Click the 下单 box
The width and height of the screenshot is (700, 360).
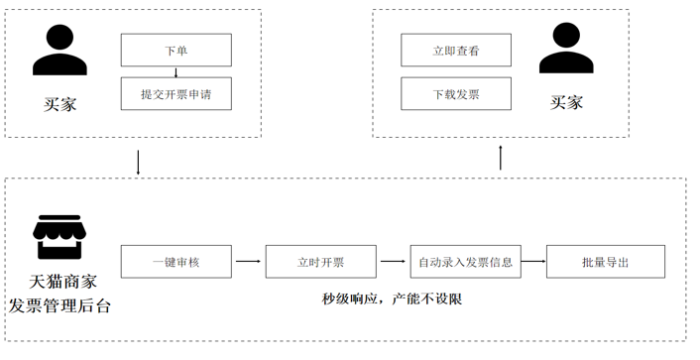click(175, 51)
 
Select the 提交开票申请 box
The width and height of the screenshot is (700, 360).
click(175, 94)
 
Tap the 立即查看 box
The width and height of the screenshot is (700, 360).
click(456, 51)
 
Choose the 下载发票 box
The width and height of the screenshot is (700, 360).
click(456, 94)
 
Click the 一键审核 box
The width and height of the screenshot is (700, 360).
click(175, 262)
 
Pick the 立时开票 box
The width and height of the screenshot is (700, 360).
click(321, 262)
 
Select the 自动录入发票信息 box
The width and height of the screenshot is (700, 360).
click(465, 262)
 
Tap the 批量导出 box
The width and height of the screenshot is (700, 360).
click(606, 262)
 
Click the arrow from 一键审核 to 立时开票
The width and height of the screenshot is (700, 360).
click(249, 262)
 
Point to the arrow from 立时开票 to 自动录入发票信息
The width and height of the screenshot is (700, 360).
click(393, 262)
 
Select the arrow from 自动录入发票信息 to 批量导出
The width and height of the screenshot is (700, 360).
click(533, 262)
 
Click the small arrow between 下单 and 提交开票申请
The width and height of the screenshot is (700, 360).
click(175, 72)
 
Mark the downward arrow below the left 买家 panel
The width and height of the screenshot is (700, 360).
click(137, 162)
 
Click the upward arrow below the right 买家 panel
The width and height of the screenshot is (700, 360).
click(500, 156)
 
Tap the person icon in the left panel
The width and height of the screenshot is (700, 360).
click(58, 51)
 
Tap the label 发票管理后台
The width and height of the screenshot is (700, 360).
click(59, 304)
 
